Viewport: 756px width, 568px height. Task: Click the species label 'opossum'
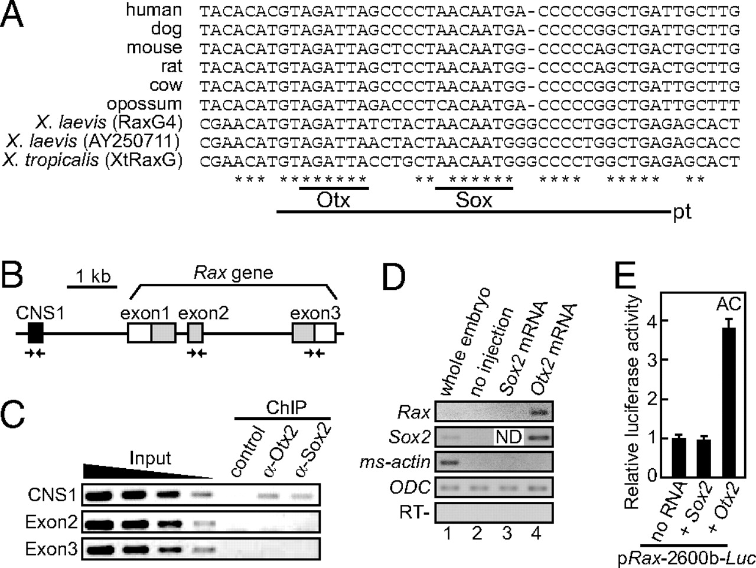pos(144,105)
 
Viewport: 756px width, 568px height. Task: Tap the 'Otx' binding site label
pos(334,200)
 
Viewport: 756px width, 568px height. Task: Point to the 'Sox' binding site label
pos(474,200)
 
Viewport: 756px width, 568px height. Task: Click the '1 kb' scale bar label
pos(92,276)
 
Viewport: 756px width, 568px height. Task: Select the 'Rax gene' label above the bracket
pos(233,273)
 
